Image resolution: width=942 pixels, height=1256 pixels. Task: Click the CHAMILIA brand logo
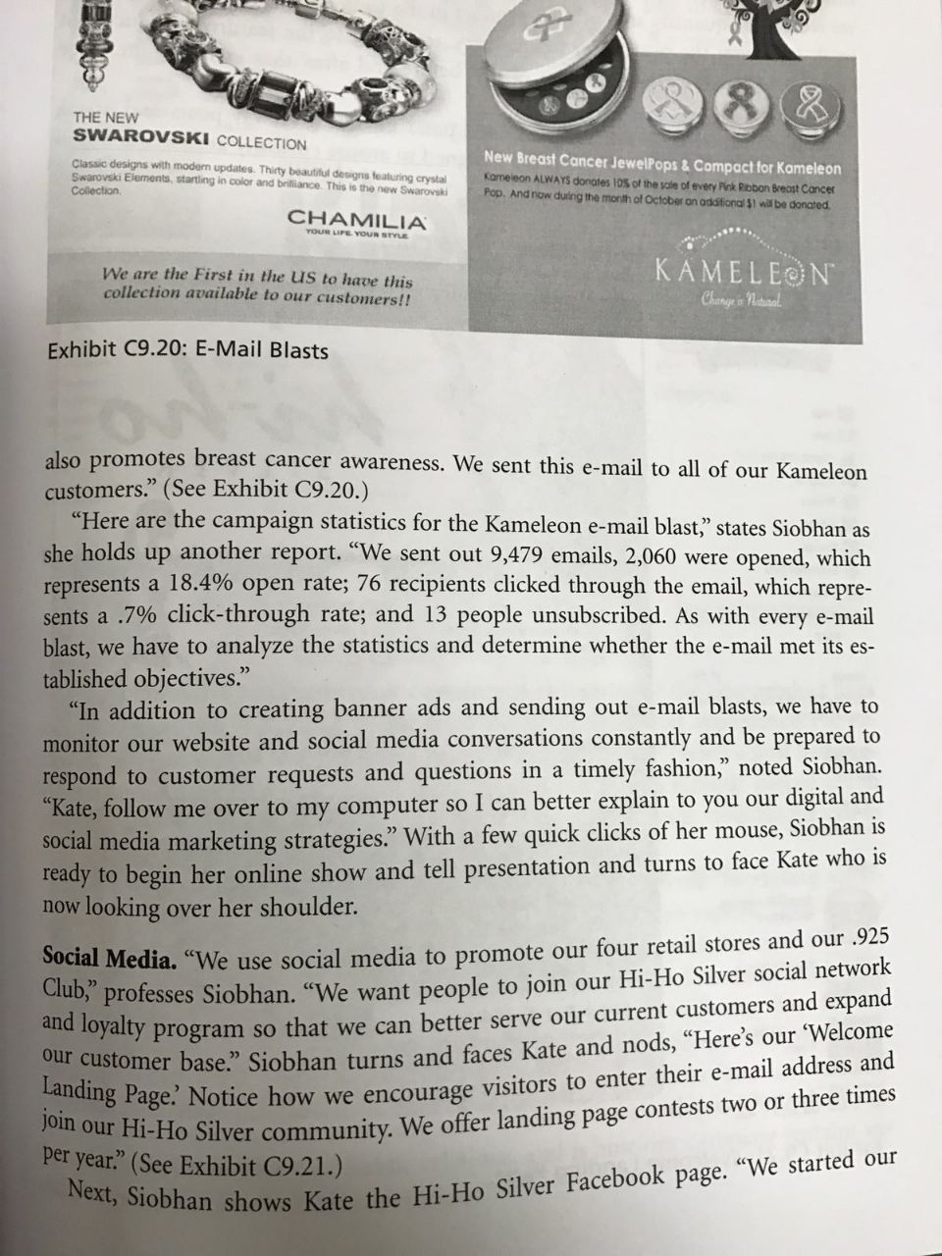356,220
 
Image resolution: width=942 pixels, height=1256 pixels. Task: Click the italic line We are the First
258,286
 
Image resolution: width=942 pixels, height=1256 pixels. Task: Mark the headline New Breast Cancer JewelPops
662,161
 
